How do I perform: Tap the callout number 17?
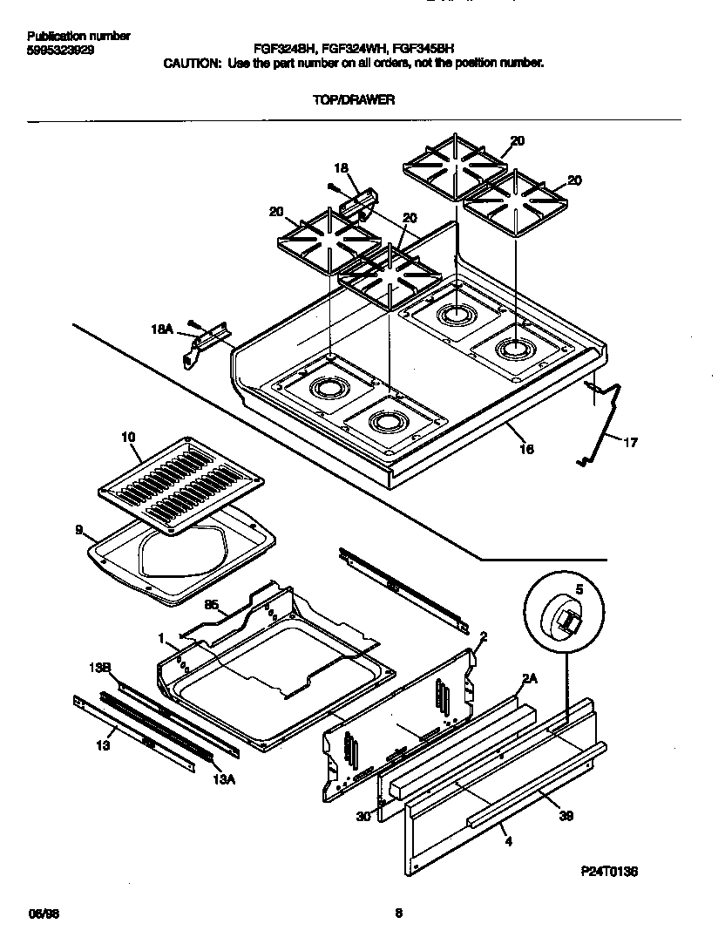point(630,443)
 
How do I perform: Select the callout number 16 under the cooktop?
point(526,449)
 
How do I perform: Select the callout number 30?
point(362,816)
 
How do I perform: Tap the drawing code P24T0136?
point(609,870)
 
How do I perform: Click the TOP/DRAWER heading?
point(354,100)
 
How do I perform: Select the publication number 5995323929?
point(61,51)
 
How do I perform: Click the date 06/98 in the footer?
point(42,914)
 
